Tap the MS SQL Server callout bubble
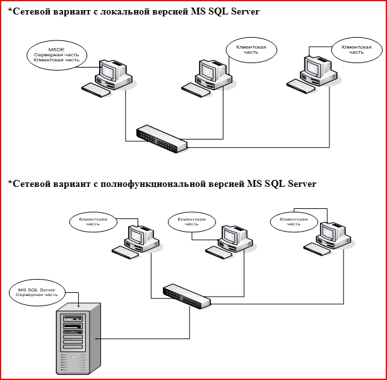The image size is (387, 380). coord(37,293)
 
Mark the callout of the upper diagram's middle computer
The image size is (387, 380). coord(251,50)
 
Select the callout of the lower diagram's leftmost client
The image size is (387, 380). coord(93,221)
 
